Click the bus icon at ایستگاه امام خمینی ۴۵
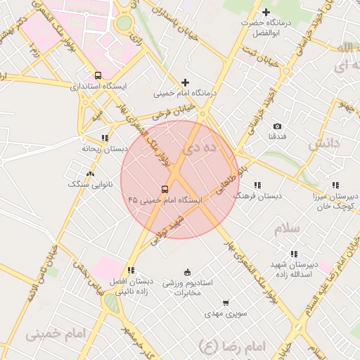tap(165, 189)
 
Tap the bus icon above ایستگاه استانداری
tap(98, 75)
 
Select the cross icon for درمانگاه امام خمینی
tap(186, 82)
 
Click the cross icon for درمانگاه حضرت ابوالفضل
tap(266, 13)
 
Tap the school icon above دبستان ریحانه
tap(105, 138)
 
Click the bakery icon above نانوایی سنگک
tap(90, 173)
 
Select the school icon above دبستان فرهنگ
tap(257, 185)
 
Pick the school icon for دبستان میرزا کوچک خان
tap(345, 185)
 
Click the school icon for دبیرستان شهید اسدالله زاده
tap(294, 254)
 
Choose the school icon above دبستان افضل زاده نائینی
tap(131, 270)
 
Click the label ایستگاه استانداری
tap(98, 86)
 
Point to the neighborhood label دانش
tap(324, 143)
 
